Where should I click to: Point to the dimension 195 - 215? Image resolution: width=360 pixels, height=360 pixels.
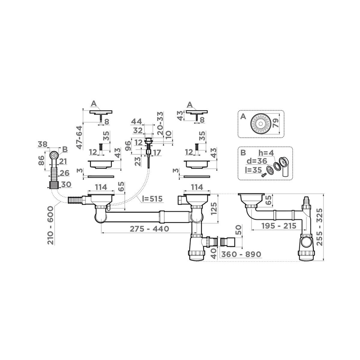(274, 226)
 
